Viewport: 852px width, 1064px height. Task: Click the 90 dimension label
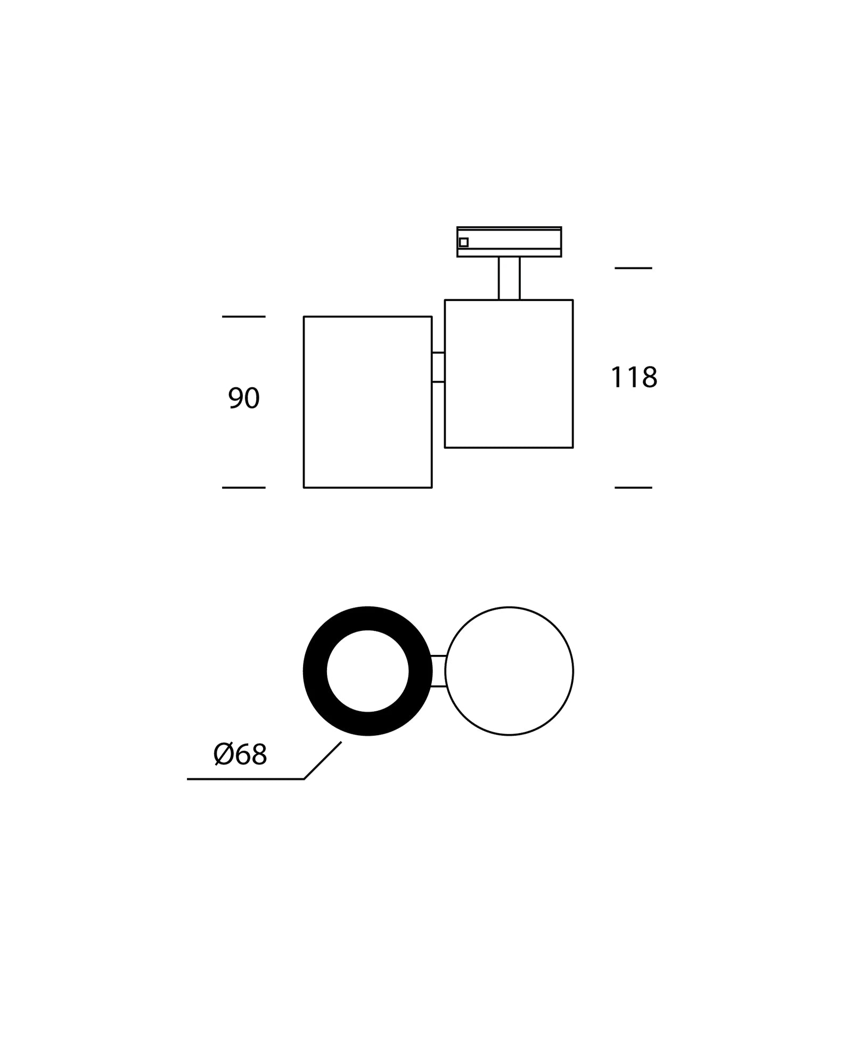pos(244,398)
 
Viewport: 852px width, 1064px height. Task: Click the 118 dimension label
pos(634,377)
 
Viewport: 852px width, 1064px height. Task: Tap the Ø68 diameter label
pos(240,754)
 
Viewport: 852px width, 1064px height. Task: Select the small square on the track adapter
pos(464,243)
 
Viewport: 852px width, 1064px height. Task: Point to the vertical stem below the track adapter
pos(509,278)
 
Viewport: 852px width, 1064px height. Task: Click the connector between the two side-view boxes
pos(438,367)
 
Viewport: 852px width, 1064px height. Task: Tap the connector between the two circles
pos(438,671)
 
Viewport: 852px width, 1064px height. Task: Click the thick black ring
pos(315,671)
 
